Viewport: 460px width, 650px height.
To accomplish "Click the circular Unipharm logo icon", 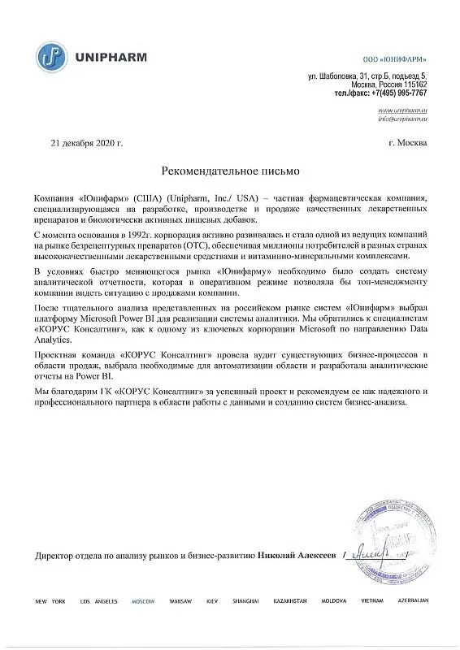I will (x=54, y=56).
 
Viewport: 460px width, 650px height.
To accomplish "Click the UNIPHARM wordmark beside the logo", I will (x=102, y=57).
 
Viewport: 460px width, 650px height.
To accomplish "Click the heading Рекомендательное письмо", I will (x=231, y=171).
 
